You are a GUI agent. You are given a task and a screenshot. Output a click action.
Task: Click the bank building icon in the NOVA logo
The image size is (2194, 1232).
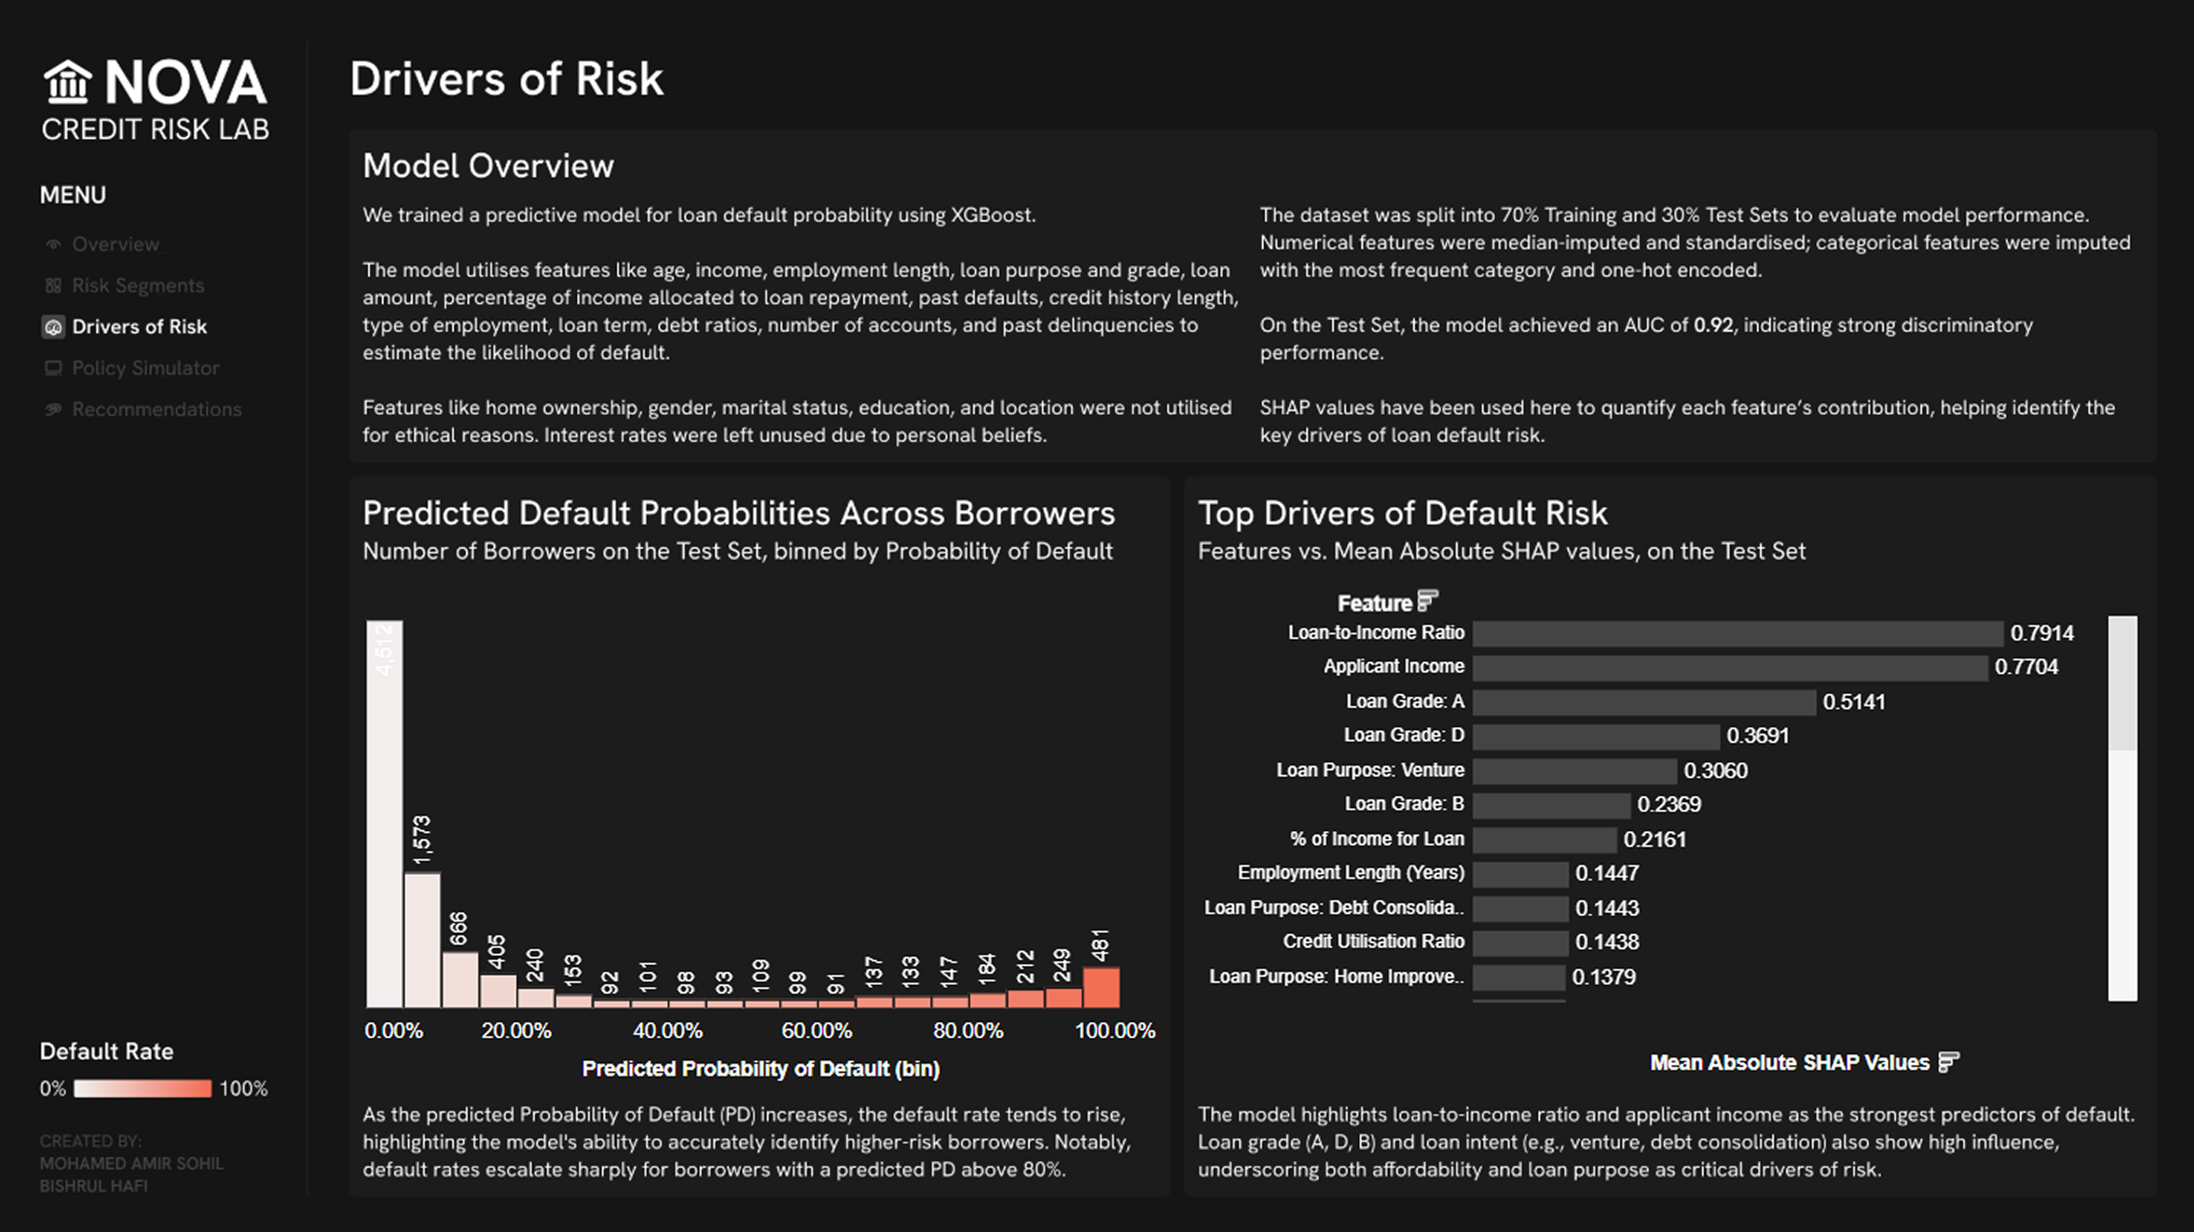point(67,82)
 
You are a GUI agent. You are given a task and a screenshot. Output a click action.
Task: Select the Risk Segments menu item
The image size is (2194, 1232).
point(138,285)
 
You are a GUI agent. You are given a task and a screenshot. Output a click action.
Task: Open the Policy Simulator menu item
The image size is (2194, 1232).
point(145,368)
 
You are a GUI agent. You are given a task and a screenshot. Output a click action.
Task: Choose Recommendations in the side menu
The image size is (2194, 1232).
point(156,409)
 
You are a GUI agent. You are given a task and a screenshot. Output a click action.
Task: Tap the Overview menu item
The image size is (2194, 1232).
point(115,245)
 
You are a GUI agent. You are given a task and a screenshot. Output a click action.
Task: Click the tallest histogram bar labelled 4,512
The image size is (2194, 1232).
point(384,814)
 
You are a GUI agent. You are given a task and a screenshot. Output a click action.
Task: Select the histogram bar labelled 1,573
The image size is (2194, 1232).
point(422,940)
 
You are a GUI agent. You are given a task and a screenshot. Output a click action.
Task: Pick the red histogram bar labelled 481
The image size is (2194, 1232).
point(1102,987)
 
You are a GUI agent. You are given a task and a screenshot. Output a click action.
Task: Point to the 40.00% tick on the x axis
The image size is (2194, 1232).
point(668,1031)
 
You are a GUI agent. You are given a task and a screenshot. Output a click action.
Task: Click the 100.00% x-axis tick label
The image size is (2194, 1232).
point(1115,1031)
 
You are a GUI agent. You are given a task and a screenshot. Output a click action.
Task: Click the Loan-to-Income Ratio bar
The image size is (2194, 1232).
point(1737,633)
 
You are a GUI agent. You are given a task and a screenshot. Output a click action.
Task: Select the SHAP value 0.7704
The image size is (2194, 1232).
point(2026,667)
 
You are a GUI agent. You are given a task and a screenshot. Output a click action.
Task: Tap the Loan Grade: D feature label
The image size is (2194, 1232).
point(1403,735)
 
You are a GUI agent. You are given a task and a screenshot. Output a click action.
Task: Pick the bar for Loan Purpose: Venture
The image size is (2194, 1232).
point(1574,771)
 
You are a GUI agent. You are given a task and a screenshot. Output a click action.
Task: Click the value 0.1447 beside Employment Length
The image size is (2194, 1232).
point(1607,874)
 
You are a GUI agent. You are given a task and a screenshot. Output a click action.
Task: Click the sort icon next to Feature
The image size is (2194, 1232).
point(1428,601)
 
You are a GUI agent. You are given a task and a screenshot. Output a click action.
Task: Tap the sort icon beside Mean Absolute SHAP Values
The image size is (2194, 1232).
point(1949,1062)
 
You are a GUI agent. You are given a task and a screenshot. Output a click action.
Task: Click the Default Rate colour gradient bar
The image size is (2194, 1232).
point(142,1089)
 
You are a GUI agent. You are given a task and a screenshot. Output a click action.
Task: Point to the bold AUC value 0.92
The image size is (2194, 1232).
point(1713,326)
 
